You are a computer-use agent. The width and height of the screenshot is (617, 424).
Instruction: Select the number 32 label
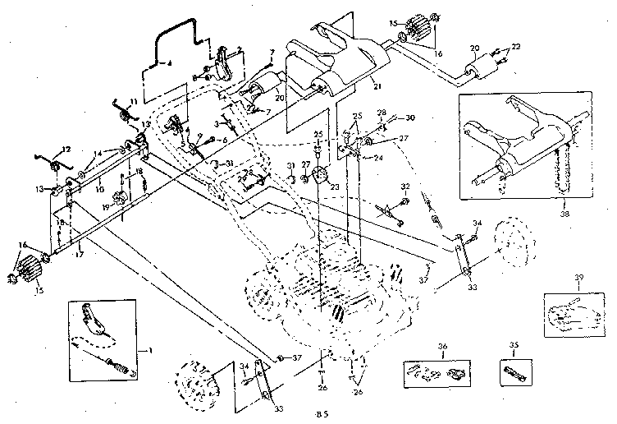[x=404, y=187]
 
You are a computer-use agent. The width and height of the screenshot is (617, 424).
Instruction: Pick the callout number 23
[x=336, y=186]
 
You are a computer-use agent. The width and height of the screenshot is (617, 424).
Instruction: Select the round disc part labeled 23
[x=321, y=175]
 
